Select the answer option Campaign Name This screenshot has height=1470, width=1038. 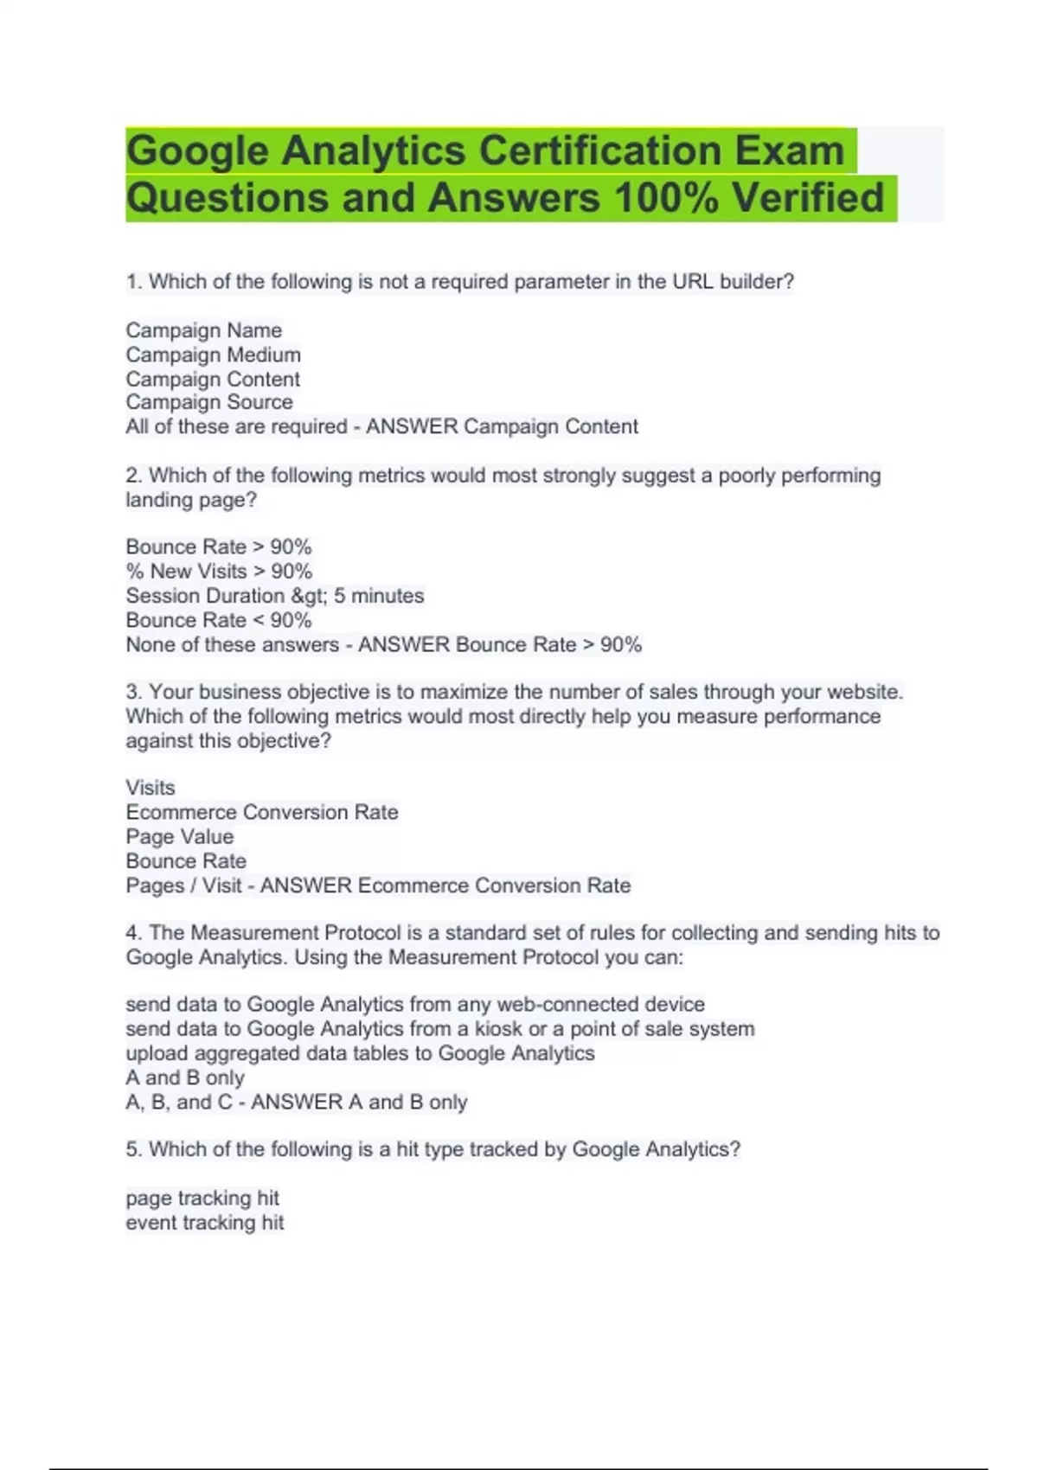coord(203,330)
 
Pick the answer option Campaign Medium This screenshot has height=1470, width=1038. coord(213,355)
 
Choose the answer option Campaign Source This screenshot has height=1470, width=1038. coord(208,402)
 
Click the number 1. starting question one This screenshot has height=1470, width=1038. coord(134,282)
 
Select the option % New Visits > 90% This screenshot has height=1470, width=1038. coord(219,572)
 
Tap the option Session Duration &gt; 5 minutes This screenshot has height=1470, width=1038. coord(274,596)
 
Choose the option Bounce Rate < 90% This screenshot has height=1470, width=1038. coord(218,620)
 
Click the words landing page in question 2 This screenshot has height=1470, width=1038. coord(190,500)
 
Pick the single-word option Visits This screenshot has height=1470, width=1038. coord(151,788)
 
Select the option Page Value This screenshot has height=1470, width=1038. coord(179,837)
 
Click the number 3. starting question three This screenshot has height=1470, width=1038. coord(134,692)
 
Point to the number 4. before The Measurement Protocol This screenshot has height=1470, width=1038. coord(134,933)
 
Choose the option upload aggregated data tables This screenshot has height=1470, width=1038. coord(360,1053)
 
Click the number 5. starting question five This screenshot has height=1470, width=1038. coord(134,1149)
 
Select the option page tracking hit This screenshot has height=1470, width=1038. coord(202,1198)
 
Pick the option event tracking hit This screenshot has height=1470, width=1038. coord(205,1223)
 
